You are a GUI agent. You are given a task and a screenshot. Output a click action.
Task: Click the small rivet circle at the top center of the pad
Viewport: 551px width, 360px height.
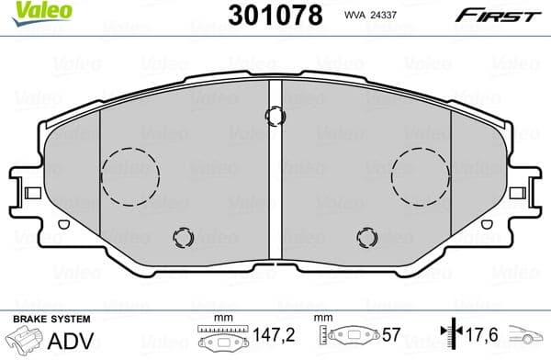275,116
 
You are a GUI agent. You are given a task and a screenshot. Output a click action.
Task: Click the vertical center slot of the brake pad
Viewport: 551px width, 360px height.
275,174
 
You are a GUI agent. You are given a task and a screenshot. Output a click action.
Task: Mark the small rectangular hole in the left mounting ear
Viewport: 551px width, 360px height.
30,192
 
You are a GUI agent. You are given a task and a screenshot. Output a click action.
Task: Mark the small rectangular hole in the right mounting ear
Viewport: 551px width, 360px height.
521,192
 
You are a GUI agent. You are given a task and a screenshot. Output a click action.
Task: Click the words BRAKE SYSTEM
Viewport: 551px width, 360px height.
51,319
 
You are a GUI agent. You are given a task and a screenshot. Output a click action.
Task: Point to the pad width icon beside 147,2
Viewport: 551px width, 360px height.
220,337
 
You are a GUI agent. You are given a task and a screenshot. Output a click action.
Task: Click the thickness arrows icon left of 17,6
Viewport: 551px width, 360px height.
450,337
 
